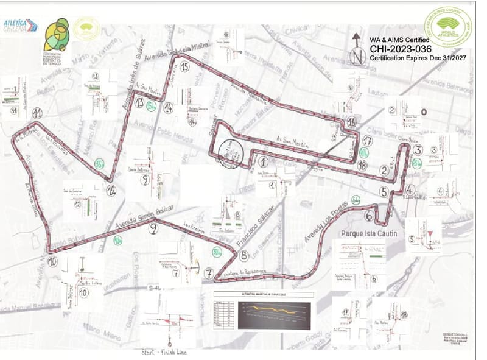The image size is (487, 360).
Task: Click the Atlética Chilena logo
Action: pos(21,26)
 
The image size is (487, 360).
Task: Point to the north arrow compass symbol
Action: pos(357,49)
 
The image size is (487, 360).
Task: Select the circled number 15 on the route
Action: pos(184,66)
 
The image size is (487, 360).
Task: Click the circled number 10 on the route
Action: pos(52,261)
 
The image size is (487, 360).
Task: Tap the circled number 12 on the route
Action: pos(111,191)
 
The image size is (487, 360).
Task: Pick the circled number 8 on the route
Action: pos(243,256)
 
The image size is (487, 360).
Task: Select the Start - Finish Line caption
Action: pos(163,352)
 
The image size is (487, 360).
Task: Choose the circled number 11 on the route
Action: pos(38,113)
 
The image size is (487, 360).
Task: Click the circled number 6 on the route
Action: pos(369,214)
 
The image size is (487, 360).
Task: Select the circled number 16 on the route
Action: pos(352,122)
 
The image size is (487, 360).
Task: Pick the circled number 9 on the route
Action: pos(153,228)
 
